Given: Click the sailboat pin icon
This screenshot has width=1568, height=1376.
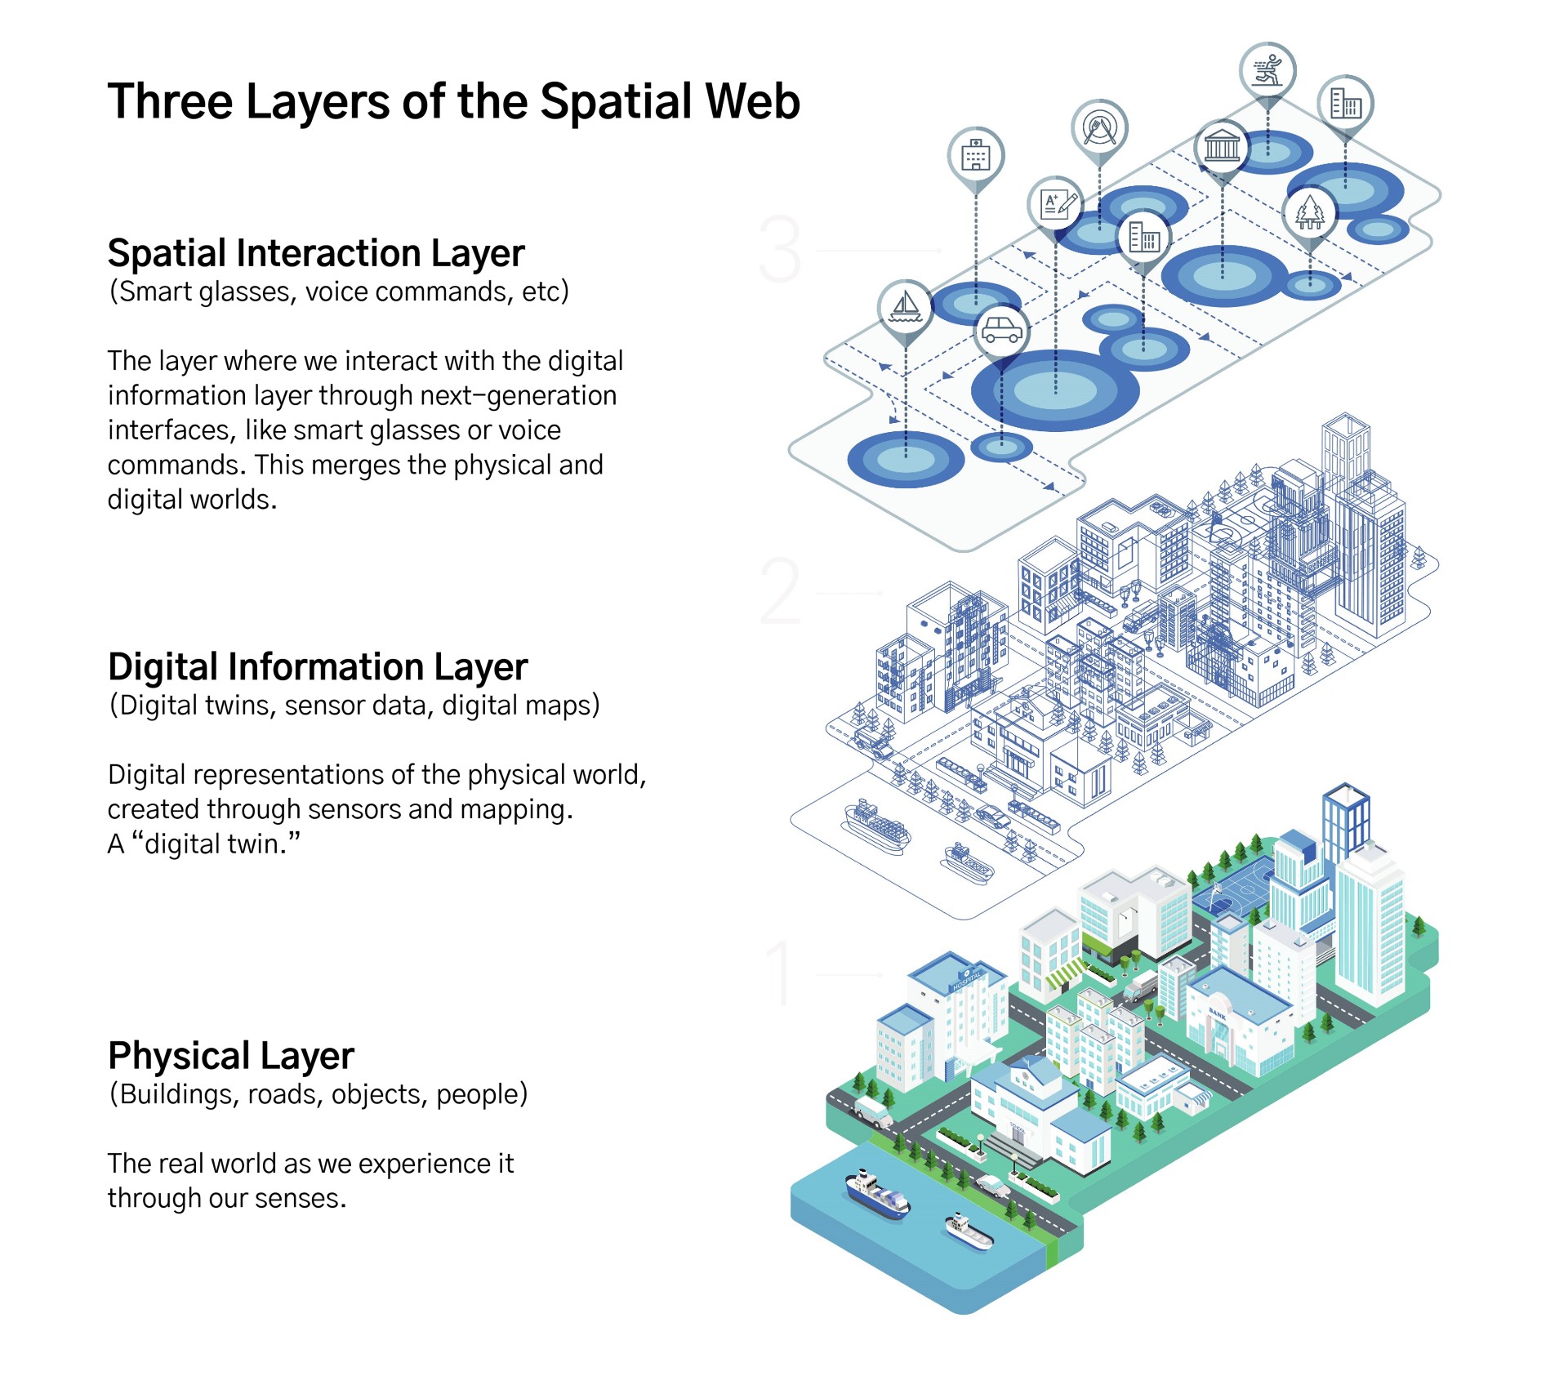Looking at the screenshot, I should tap(905, 308).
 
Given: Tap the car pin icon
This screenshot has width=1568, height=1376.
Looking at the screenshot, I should tap(1002, 331).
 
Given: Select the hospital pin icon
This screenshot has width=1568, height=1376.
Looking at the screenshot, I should tap(976, 155).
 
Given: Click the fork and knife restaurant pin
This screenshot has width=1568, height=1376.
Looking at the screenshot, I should tap(1099, 128).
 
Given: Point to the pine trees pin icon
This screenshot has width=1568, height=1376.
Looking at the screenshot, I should tap(1310, 212).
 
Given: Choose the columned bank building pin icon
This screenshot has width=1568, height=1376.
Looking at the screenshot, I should tap(1222, 148).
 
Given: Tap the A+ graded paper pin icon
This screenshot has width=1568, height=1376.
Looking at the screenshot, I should tap(1057, 203).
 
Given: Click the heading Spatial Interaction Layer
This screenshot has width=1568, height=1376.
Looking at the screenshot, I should tap(315, 254).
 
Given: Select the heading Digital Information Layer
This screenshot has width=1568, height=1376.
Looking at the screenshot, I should tap(317, 667).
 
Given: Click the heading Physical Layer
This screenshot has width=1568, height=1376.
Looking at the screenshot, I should tap(230, 1056).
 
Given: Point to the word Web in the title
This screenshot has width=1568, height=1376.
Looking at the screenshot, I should tap(752, 102).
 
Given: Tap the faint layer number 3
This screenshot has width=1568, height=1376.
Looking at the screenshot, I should tap(780, 249).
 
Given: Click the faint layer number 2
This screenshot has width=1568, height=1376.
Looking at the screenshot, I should tap(780, 591).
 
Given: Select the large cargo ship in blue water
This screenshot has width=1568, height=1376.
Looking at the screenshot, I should tap(877, 1194).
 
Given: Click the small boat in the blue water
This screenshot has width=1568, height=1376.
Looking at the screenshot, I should tap(969, 1232).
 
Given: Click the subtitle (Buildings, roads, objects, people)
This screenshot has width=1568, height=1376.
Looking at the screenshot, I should tap(318, 1094).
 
